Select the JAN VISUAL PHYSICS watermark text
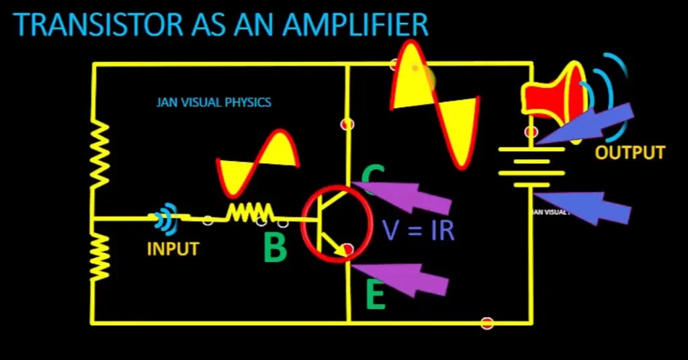pyautogui.click(x=214, y=102)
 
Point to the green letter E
pyautogui.click(x=376, y=296)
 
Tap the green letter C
pyautogui.click(x=373, y=176)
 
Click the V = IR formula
pyautogui.click(x=418, y=230)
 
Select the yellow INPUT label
pyautogui.click(x=173, y=249)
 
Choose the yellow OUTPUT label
pyautogui.click(x=630, y=152)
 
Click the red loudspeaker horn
pyautogui.click(x=554, y=91)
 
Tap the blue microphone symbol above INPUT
pyautogui.click(x=165, y=218)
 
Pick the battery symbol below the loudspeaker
pyautogui.click(x=531, y=167)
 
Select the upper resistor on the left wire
pyautogui.click(x=101, y=155)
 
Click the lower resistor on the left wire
pyautogui.click(x=101, y=255)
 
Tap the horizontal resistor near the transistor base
pyautogui.click(x=249, y=213)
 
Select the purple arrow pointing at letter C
pyautogui.click(x=409, y=195)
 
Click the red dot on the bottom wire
pyautogui.click(x=487, y=323)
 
